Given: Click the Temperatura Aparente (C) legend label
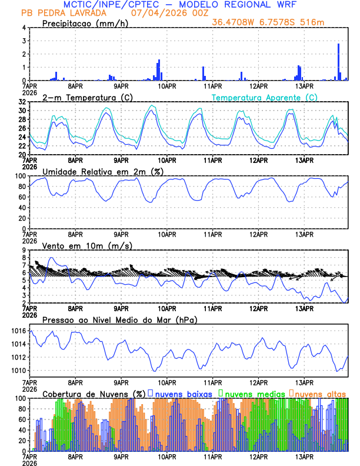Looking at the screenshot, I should point(265,97).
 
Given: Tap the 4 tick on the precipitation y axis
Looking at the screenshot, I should point(24,28).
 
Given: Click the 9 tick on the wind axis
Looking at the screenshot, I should point(24,250).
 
